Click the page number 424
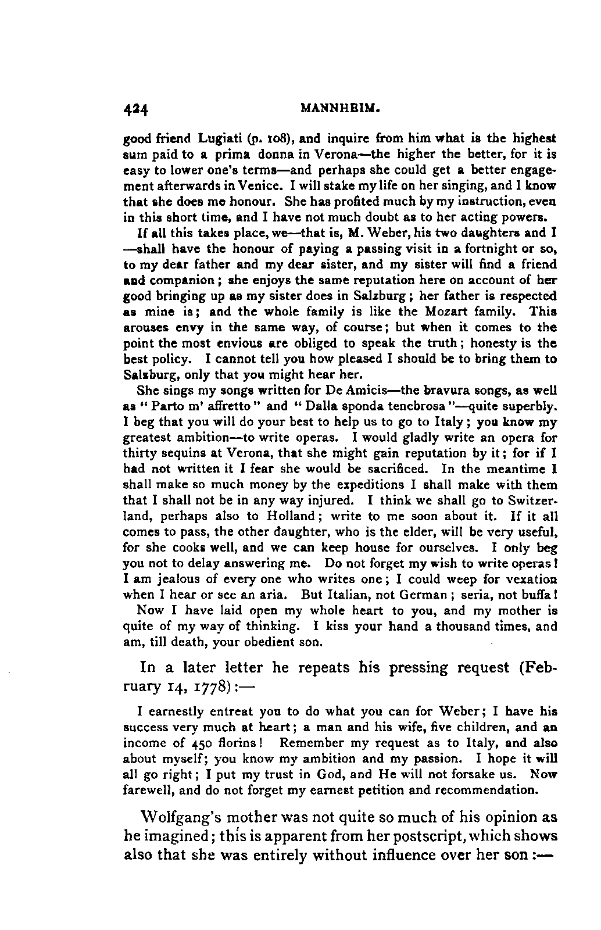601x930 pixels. tap(137, 109)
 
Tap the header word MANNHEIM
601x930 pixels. tap(340, 108)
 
